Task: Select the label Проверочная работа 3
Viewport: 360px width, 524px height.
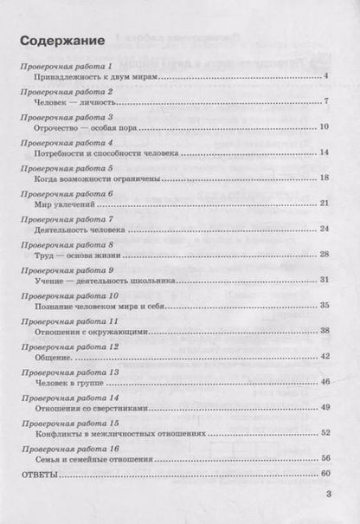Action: (71, 116)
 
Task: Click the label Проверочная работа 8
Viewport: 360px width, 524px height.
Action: (71, 243)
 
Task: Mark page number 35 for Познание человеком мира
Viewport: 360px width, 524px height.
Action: (325, 305)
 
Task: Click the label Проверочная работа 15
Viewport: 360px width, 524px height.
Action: (73, 421)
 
